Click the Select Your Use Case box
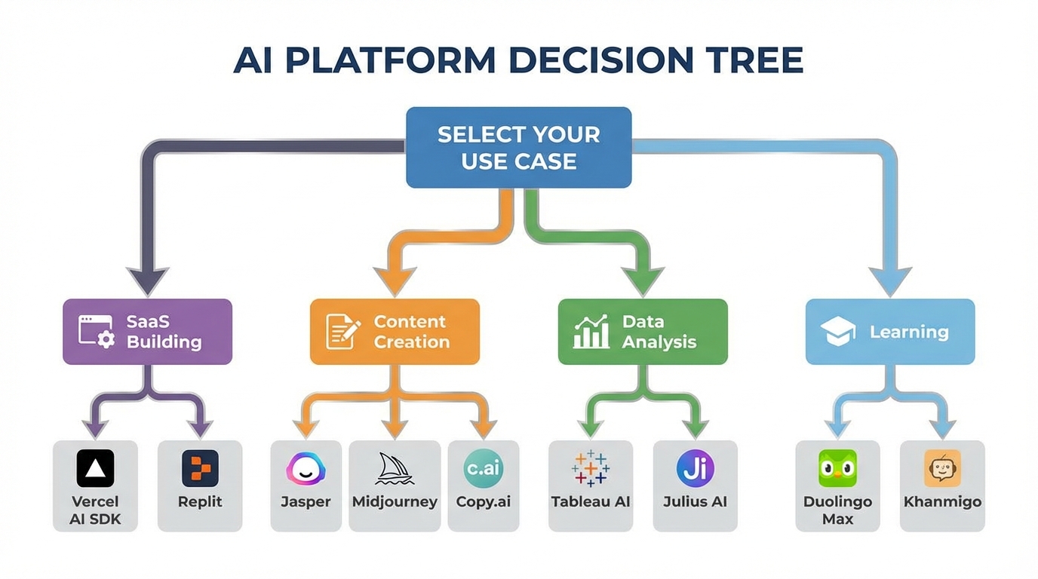518,148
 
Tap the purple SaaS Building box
147,332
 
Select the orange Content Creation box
395,332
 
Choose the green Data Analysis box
643,332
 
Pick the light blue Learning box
890,332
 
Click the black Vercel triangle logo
96,468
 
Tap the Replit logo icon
200,468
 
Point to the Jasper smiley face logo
306,470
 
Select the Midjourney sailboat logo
395,470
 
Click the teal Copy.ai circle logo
483,468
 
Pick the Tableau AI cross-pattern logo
591,468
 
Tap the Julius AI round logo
695,468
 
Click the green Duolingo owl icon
837,468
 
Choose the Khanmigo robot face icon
942,468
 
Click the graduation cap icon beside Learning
839,332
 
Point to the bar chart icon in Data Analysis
591,332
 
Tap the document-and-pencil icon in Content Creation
342,332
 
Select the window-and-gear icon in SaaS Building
97,332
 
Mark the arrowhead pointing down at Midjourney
395,430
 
